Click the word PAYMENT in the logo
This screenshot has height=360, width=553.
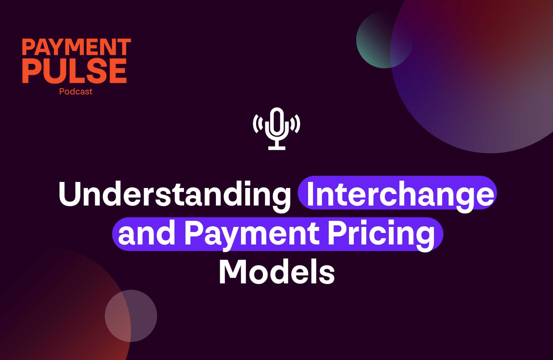[x=76, y=47]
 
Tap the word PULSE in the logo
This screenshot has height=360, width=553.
[x=74, y=71]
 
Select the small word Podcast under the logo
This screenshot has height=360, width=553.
[x=76, y=92]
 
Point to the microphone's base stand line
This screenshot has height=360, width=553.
[x=276, y=148]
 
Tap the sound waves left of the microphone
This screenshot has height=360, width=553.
[x=258, y=124]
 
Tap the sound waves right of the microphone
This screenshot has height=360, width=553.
[x=295, y=124]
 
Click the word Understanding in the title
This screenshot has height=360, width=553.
[x=174, y=194]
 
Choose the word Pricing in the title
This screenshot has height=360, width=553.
[x=381, y=234]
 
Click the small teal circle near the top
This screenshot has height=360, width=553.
[x=377, y=38]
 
